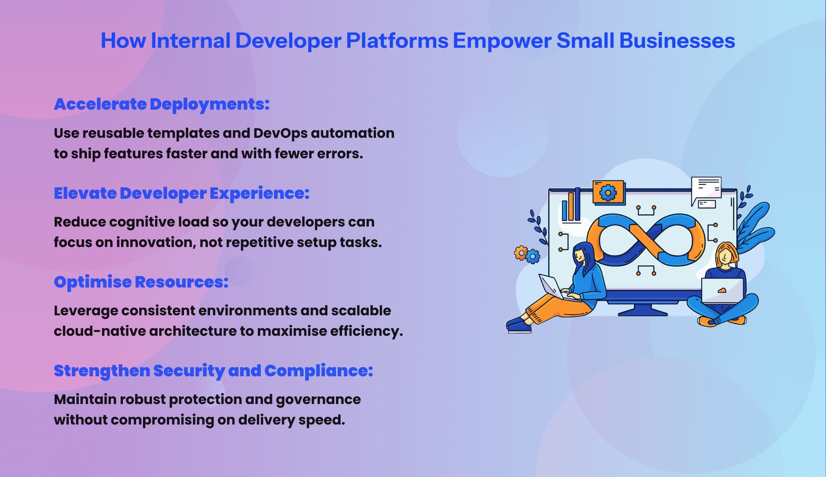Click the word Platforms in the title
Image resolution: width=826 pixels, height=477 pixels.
397,41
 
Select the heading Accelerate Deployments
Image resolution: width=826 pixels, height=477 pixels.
161,104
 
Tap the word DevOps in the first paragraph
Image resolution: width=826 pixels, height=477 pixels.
280,133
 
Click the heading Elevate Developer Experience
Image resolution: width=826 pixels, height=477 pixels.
181,193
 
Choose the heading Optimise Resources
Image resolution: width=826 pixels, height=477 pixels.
141,282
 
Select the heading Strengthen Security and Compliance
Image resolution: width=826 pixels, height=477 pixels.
213,371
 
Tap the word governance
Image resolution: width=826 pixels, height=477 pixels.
318,399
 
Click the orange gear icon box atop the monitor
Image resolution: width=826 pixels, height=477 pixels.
608,193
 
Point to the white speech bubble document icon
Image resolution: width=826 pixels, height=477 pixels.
706,189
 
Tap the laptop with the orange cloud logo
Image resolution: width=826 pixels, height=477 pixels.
722,291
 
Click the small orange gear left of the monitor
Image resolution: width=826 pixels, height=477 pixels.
520,253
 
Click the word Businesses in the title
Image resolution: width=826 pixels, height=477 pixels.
677,41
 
